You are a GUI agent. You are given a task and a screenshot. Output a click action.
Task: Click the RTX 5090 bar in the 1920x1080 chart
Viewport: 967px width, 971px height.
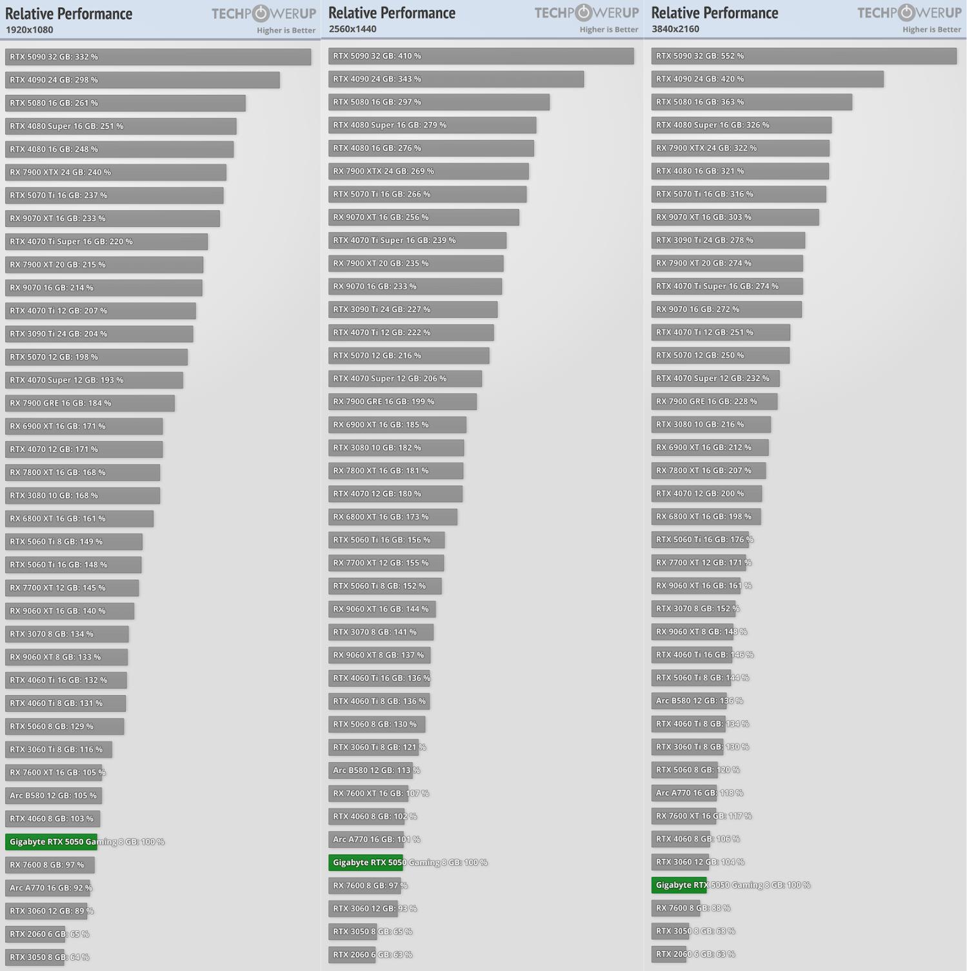[x=158, y=57]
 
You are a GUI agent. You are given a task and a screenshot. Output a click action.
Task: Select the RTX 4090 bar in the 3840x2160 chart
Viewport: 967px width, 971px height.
[x=767, y=79]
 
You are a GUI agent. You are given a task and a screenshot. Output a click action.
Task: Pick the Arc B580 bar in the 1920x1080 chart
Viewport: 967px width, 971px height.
[x=53, y=796]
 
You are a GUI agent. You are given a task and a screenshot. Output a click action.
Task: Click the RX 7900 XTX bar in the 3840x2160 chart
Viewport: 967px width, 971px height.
[x=740, y=148]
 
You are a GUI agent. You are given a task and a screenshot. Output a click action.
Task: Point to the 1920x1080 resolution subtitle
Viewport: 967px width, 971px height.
[x=30, y=30]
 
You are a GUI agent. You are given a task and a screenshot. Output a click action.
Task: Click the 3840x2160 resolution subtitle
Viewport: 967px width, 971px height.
[x=675, y=29]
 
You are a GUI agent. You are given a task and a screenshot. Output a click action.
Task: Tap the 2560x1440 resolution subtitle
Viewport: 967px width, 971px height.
[x=353, y=29]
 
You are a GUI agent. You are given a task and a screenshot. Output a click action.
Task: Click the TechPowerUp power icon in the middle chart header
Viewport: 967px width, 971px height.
[x=584, y=13]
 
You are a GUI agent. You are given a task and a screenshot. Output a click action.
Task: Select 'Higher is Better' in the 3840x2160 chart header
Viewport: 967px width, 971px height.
[x=932, y=30]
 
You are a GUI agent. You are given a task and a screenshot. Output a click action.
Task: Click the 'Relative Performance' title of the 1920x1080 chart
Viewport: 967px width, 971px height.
[x=69, y=14]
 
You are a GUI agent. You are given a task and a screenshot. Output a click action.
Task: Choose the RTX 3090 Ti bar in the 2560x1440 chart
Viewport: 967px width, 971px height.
[x=413, y=309]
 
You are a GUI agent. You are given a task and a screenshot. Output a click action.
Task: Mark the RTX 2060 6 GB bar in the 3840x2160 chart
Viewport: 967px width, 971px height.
[x=669, y=954]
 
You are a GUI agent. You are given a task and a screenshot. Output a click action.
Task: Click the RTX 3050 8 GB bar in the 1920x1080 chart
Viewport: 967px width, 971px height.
[x=35, y=957]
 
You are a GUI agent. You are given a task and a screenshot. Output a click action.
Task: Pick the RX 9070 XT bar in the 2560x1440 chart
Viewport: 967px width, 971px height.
[x=423, y=217]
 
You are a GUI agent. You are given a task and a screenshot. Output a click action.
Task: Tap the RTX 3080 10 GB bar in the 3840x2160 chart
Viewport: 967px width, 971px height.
[x=711, y=425]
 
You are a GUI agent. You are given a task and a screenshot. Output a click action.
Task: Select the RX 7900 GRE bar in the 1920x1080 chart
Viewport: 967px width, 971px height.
[x=90, y=404]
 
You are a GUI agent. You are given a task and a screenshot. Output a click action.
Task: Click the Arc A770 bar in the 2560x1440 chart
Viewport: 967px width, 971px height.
[x=366, y=839]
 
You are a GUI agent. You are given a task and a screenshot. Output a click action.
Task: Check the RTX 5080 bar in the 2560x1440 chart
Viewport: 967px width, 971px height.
[x=439, y=103]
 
